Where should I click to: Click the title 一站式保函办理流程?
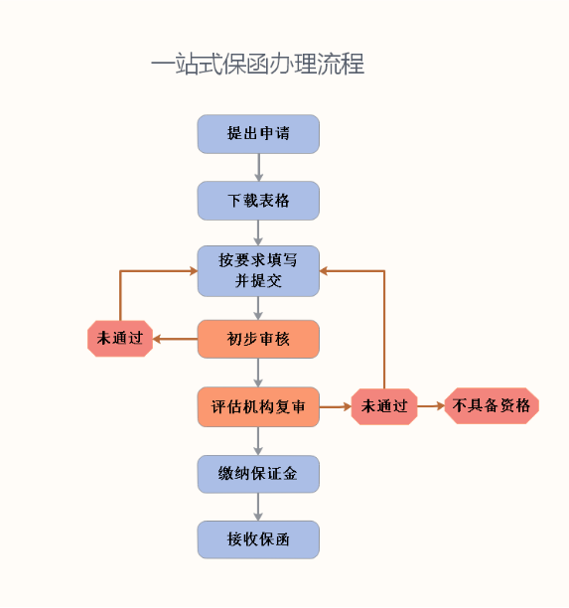[x=257, y=64]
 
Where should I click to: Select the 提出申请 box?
[x=258, y=134]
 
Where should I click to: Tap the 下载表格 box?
[x=258, y=201]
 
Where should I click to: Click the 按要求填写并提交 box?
[x=258, y=271]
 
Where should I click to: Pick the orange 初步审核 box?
[x=258, y=340]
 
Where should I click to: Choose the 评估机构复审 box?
[x=258, y=406]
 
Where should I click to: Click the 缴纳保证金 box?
[x=258, y=474]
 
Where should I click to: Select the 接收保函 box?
[x=258, y=539]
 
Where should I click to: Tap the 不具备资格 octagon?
[x=492, y=405]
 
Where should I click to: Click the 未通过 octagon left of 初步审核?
[x=120, y=339]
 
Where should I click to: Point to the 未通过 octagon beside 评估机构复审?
[x=384, y=406]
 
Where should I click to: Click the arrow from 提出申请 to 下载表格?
[x=258, y=168]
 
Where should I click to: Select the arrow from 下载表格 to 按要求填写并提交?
[x=258, y=232]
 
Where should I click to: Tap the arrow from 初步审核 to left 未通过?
[x=175, y=340]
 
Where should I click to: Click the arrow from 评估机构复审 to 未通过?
[x=336, y=406]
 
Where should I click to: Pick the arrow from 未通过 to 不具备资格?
[x=431, y=406]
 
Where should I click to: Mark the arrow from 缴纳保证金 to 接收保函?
[x=258, y=508]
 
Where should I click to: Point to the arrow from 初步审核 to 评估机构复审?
[x=258, y=373]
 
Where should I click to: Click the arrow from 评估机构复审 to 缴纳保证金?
[x=258, y=441]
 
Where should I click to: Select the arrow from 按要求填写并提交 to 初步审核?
[x=258, y=308]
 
